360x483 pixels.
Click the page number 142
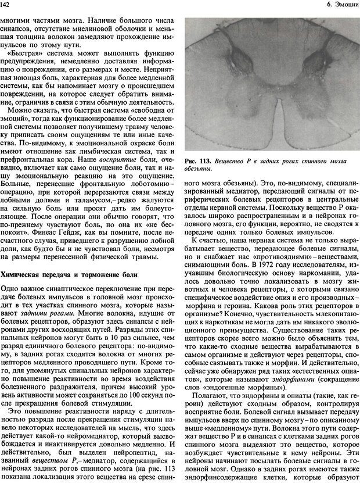pyautogui.click(x=8, y=5)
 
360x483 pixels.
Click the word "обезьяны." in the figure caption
pyautogui.click(x=198, y=169)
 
